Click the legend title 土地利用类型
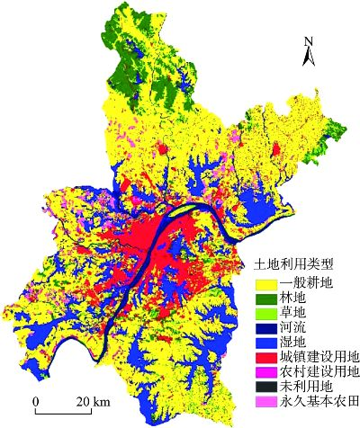coord(291,265)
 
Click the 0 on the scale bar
coord(35,400)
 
